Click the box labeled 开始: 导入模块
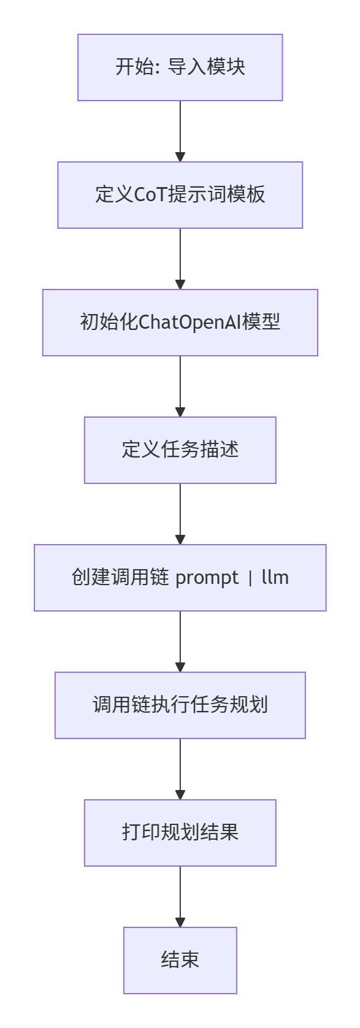pos(180,67)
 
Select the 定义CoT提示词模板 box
pos(180,195)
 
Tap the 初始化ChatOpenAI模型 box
pos(180,323)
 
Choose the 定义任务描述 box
pos(180,450)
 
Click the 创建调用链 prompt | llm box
pos(180,578)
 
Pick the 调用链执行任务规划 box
pos(180,705)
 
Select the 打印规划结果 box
pos(180,833)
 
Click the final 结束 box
pos(180,961)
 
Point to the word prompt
pos(207,578)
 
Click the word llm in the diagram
pos(275,578)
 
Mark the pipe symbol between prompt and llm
pos(250,578)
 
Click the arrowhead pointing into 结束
pos(180,923)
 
